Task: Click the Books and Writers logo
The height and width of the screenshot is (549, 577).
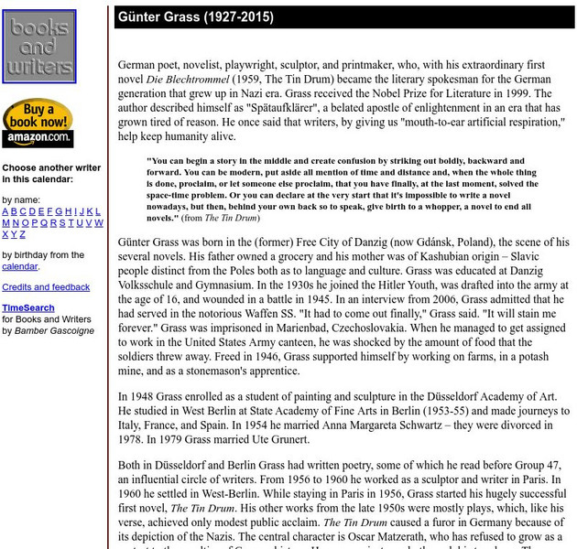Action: point(38,47)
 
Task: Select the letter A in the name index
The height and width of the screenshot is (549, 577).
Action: point(5,211)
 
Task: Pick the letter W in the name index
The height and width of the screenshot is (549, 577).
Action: point(99,222)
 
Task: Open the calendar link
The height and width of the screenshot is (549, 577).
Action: point(19,266)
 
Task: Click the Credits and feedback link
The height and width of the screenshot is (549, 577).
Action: point(46,287)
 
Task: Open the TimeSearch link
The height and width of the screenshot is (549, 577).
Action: point(27,308)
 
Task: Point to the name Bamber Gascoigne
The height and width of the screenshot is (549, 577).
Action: point(54,330)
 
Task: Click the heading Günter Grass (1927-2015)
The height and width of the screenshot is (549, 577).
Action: point(195,17)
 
